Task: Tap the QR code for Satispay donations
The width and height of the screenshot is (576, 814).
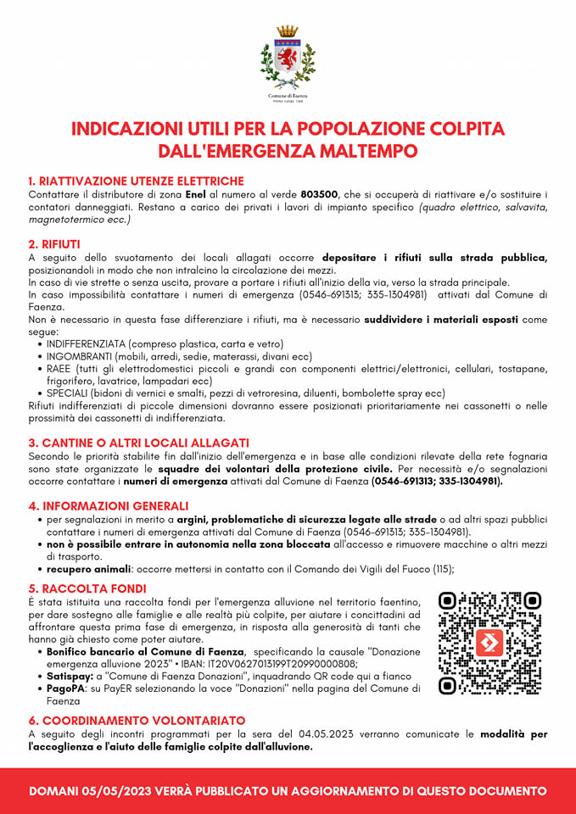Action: [489, 644]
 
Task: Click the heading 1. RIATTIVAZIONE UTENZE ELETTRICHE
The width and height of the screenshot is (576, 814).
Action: [136, 181]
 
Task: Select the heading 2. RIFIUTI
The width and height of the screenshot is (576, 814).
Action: [54, 244]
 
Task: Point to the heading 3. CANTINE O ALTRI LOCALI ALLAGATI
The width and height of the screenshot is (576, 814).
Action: [138, 443]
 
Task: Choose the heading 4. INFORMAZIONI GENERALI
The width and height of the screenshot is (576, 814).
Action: [109, 505]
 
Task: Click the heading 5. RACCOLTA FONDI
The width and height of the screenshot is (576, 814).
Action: [87, 588]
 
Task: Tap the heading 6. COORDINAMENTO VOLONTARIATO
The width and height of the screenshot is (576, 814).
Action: [137, 721]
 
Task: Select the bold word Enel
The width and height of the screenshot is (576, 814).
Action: [196, 194]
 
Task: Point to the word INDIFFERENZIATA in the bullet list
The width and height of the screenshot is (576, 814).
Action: [87, 344]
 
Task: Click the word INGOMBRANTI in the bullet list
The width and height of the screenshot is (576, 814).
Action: [81, 357]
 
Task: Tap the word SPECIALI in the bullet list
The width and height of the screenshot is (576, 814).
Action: [71, 393]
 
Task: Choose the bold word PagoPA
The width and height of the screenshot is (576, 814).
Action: [67, 689]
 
